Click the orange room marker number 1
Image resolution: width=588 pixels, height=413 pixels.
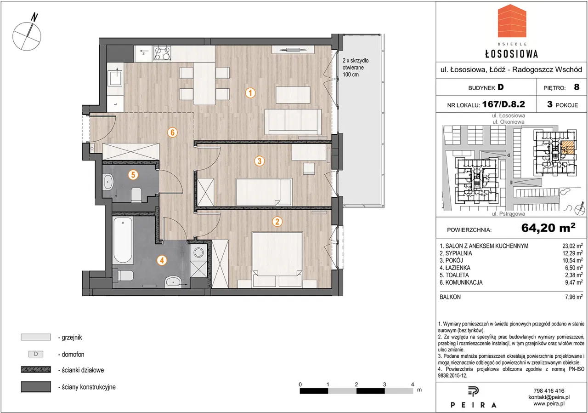(x=250, y=93)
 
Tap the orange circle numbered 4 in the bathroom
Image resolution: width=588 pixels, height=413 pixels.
(x=162, y=260)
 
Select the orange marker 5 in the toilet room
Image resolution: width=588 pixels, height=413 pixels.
(x=133, y=175)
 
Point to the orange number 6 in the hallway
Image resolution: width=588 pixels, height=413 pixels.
(x=172, y=132)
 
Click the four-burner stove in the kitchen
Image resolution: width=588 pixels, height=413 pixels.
(x=162, y=53)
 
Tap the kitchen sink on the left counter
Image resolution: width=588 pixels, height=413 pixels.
(x=116, y=76)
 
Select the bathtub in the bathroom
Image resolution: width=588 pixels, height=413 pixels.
(x=123, y=240)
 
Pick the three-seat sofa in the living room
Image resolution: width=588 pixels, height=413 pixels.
(x=293, y=122)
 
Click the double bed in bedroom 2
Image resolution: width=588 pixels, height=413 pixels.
(x=277, y=259)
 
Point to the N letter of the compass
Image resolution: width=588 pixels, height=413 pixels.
(x=34, y=17)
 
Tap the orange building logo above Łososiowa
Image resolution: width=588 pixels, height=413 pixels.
(x=512, y=24)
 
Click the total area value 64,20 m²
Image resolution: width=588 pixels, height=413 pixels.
(x=548, y=228)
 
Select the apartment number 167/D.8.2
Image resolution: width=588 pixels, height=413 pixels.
(x=503, y=104)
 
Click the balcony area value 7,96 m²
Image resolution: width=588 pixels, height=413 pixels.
(x=574, y=297)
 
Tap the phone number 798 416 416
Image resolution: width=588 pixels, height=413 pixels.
(x=549, y=390)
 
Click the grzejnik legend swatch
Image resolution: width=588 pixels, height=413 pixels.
(x=36, y=337)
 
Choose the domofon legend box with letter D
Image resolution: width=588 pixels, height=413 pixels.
(x=36, y=354)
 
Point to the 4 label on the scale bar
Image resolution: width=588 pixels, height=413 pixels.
(x=413, y=384)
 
